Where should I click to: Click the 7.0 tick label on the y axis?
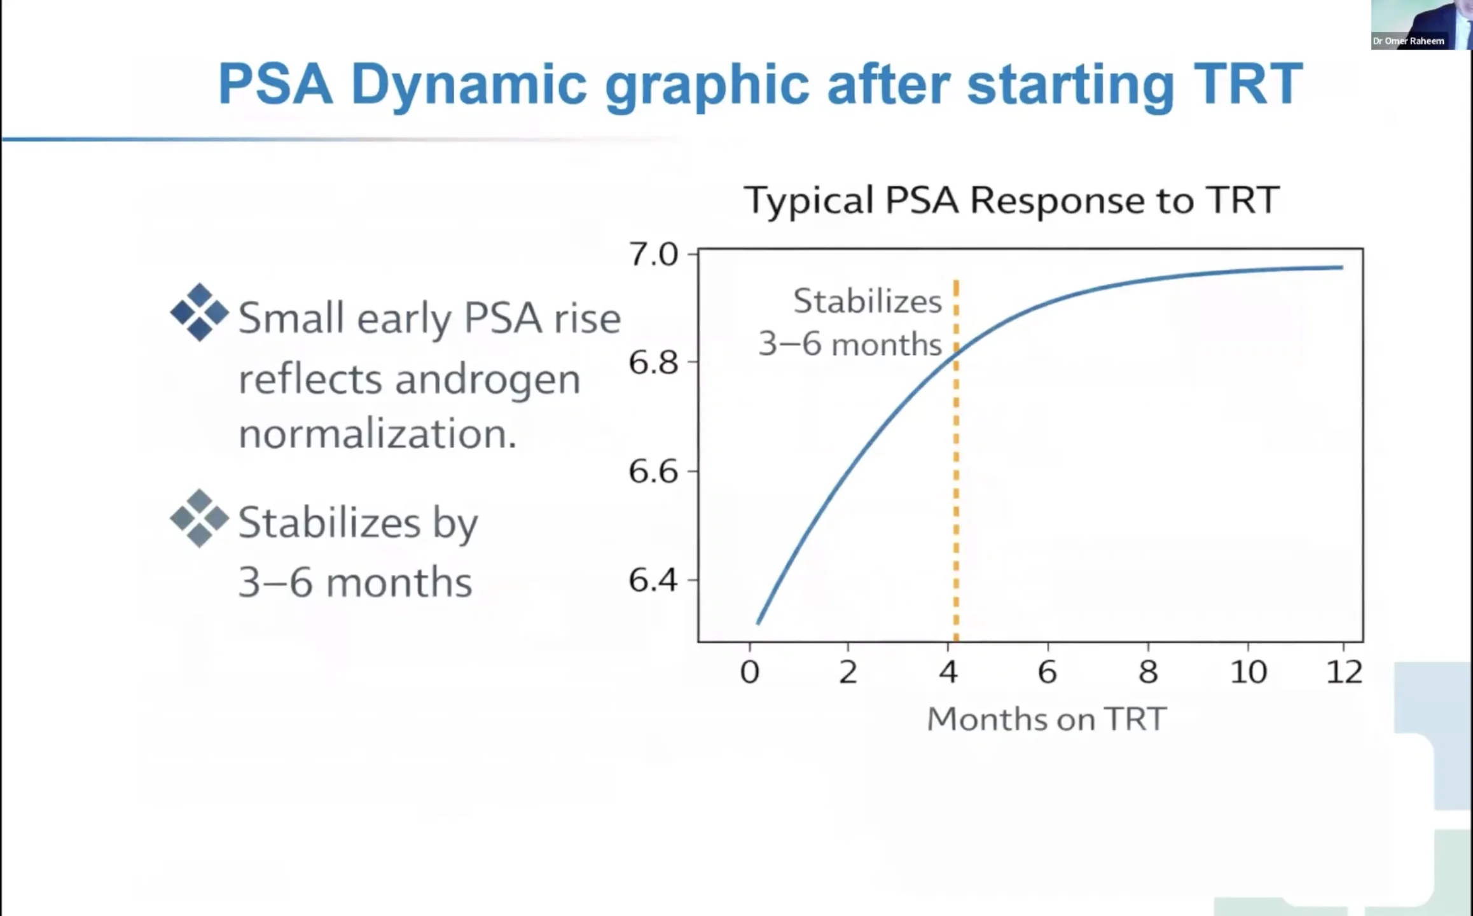[653, 254]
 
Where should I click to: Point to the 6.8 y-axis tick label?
[653, 363]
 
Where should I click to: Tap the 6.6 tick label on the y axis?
[653, 471]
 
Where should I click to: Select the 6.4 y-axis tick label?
[653, 580]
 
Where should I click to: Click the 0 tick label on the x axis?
[750, 672]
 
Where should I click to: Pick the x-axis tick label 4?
[948, 672]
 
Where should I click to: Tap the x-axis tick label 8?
[1148, 672]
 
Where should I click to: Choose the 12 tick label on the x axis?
[1344, 672]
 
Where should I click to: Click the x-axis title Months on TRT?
[1047, 719]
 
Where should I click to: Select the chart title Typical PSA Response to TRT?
[1011, 200]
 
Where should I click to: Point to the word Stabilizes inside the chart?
[868, 301]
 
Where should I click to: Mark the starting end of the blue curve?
[758, 623]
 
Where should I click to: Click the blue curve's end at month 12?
[1342, 267]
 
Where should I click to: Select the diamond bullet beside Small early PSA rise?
[200, 312]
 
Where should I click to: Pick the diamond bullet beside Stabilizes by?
[200, 518]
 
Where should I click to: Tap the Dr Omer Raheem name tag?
[1409, 41]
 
